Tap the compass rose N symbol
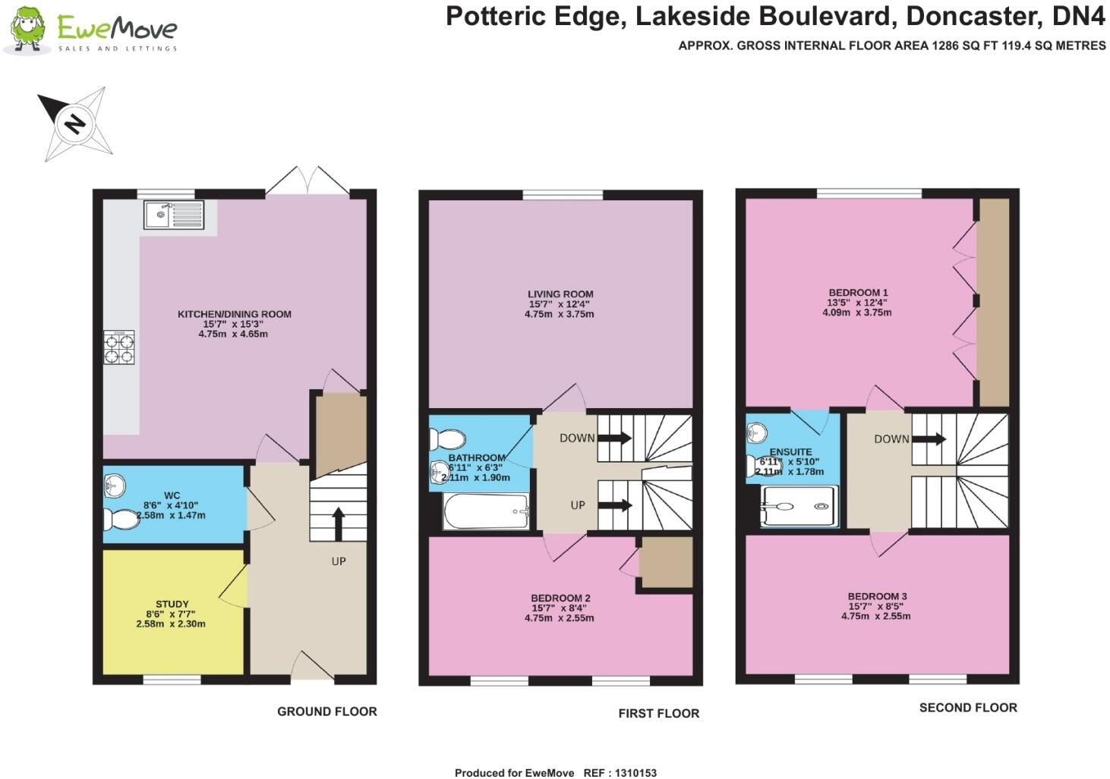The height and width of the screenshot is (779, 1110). pos(74,124)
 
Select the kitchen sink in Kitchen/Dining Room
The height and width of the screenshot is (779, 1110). pos(174,215)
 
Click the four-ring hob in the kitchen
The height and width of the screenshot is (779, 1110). pos(119,347)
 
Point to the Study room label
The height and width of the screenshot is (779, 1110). pos(172,604)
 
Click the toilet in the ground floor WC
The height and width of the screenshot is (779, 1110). pos(118,520)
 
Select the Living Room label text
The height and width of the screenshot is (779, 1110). pos(560,294)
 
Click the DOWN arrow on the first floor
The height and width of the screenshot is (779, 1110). pos(615,438)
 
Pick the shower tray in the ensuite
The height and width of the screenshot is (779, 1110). pos(799,506)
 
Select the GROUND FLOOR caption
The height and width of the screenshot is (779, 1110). pos(326,711)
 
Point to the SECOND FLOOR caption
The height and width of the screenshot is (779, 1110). pos(968,708)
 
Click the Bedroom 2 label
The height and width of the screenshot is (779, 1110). pos(560,598)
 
